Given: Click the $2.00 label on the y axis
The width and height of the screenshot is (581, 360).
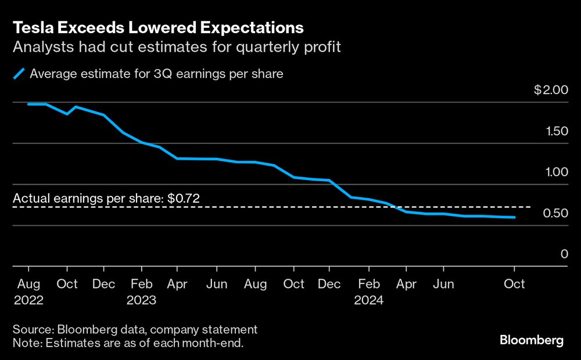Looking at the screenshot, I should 550,90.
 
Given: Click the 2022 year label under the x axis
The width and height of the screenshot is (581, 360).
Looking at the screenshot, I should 28,300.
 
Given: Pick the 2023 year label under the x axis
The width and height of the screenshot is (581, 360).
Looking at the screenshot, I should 141,300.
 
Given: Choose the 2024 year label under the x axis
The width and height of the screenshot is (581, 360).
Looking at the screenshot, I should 368,300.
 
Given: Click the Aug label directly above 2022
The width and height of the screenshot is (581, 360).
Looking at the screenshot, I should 28,284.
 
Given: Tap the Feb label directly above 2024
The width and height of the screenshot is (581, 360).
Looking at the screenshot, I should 368,284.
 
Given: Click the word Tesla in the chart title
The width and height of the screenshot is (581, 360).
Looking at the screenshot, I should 33,27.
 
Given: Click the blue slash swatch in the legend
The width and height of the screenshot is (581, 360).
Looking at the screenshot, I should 20,74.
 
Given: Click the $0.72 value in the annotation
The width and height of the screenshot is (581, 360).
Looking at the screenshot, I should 184,198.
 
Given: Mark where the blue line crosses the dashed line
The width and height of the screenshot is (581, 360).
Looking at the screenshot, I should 396,207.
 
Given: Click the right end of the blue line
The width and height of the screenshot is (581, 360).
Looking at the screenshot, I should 514,218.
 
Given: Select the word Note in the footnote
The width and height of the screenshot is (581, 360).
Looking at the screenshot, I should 24,344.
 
